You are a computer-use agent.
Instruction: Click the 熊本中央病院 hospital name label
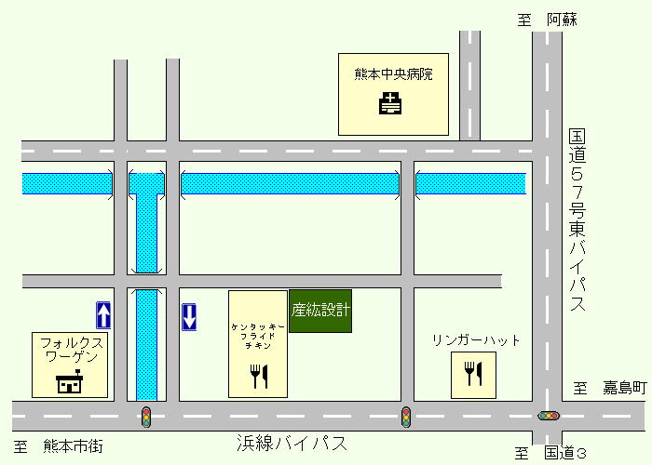click(x=394, y=73)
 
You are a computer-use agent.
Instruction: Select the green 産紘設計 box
click(x=320, y=312)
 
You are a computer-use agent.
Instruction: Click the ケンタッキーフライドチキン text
click(x=257, y=336)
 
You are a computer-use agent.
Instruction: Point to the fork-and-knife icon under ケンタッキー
click(x=259, y=376)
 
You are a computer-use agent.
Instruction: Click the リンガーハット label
click(x=476, y=340)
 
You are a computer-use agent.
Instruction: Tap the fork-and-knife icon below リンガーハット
click(x=474, y=373)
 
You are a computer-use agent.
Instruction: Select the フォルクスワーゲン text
click(x=71, y=349)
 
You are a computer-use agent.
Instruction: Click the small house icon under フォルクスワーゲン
click(x=70, y=381)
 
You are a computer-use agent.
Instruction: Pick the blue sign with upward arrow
click(x=104, y=315)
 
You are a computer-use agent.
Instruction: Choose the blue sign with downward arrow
click(x=189, y=316)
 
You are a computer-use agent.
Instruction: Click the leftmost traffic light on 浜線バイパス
click(x=146, y=416)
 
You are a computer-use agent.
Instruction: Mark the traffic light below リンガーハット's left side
click(x=406, y=416)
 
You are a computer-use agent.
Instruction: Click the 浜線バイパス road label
click(x=292, y=444)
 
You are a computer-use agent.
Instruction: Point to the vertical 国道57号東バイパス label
click(x=577, y=221)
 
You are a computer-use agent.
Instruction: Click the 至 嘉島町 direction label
click(x=609, y=387)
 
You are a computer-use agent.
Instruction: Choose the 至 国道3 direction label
click(x=553, y=454)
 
